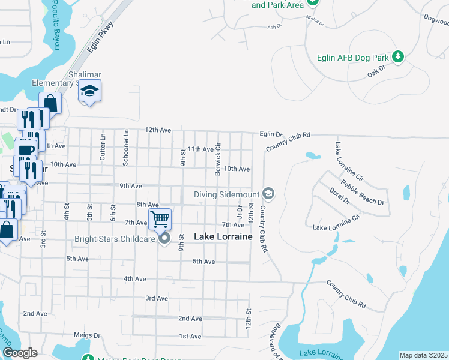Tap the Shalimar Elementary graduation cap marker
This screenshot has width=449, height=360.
(89, 91)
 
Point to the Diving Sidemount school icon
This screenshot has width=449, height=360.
(268, 194)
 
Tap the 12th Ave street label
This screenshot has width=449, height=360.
(158, 130)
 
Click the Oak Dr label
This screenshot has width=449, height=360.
(377, 74)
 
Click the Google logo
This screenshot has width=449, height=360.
(20, 353)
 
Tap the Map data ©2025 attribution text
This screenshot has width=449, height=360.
(423, 355)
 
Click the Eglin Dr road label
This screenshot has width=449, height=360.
(271, 134)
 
